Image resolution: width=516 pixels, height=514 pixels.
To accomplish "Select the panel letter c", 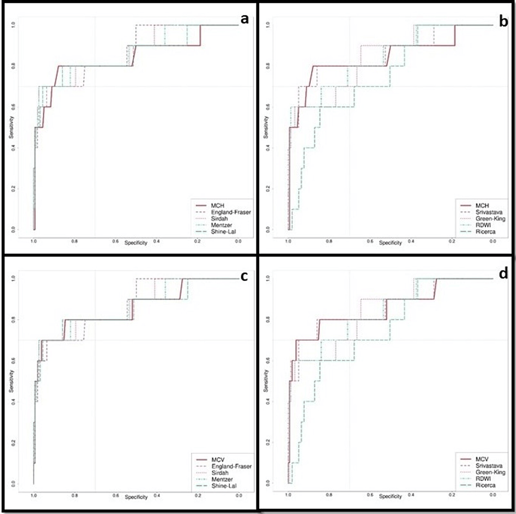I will point(243,277).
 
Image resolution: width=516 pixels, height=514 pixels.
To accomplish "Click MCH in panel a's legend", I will point(217,201).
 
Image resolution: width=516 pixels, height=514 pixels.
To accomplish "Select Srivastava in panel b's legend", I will point(478,208).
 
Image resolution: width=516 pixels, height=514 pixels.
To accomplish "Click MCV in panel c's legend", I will point(217,459).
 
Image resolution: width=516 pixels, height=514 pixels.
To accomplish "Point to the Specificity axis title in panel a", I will point(136,243).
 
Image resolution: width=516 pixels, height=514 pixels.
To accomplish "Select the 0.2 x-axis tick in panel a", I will point(197,241).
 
